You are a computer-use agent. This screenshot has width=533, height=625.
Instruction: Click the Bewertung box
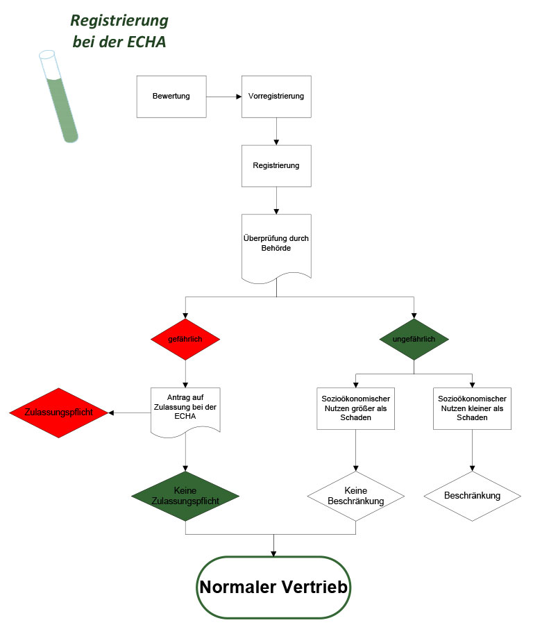(171, 96)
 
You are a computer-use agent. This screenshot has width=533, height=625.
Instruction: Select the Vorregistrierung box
(276, 96)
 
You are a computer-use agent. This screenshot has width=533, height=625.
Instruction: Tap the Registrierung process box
(276, 166)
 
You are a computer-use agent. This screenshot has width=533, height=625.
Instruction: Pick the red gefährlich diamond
(185, 340)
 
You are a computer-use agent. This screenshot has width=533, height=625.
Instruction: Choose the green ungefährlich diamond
(414, 340)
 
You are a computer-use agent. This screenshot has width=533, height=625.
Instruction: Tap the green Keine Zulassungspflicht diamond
(185, 496)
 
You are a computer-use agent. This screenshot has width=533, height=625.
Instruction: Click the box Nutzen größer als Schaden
(356, 408)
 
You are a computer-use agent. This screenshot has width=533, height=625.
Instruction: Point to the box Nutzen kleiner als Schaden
(472, 408)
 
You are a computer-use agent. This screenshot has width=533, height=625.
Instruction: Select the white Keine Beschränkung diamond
(356, 496)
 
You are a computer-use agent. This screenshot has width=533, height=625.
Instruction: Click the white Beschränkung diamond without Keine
(472, 496)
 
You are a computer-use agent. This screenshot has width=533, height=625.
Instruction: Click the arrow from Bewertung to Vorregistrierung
(223, 96)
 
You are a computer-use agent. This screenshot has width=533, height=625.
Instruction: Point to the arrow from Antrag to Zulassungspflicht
(130, 413)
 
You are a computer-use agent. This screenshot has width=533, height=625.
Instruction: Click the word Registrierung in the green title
(119, 19)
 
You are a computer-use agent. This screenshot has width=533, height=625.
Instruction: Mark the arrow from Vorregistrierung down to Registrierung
(276, 131)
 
